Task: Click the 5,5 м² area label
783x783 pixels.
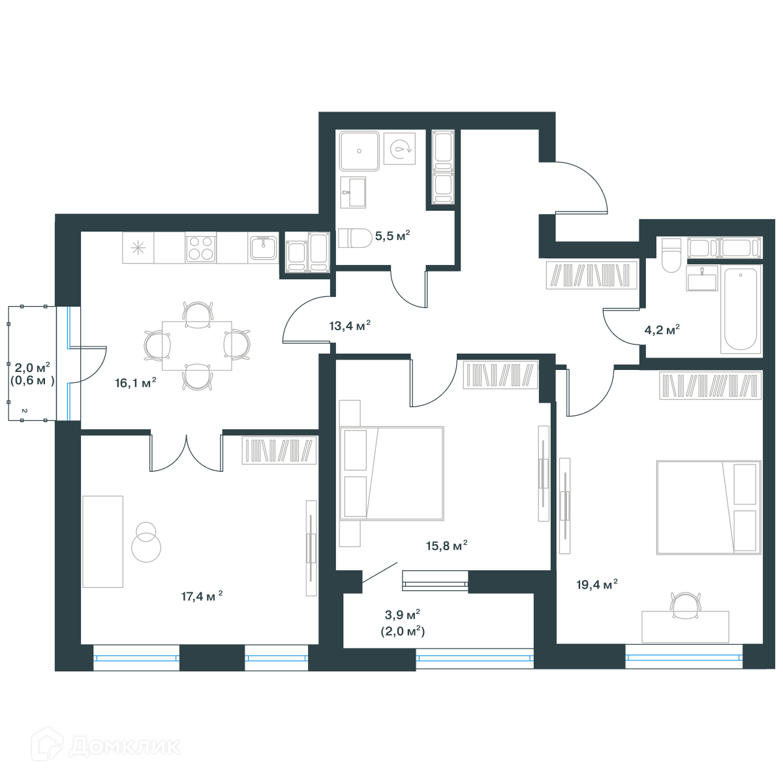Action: tap(392, 236)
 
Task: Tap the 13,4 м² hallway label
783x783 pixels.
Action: tap(350, 326)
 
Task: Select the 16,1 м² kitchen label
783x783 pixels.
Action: tap(135, 382)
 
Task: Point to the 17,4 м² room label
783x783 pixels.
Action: tap(202, 596)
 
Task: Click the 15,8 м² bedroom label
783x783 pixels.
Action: tap(446, 545)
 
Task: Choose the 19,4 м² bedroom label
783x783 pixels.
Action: tap(597, 584)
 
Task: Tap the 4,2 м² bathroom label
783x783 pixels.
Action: tap(662, 330)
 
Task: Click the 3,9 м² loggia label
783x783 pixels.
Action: tap(403, 615)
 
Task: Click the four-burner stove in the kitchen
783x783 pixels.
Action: tap(201, 247)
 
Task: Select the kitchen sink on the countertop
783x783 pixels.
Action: tap(264, 247)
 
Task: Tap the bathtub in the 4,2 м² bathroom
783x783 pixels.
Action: tap(741, 309)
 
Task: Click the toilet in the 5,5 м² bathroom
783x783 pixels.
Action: tap(355, 238)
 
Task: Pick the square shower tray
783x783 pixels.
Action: tap(359, 151)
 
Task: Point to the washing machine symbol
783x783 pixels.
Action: tap(399, 148)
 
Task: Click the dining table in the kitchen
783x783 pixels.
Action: tap(197, 345)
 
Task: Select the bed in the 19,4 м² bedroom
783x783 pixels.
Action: tap(709, 508)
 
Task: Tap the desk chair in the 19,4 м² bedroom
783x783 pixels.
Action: tap(686, 606)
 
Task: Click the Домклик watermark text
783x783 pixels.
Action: tap(125, 746)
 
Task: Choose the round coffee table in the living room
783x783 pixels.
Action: tap(146, 547)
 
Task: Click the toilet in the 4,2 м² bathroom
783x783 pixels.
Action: tap(671, 255)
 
